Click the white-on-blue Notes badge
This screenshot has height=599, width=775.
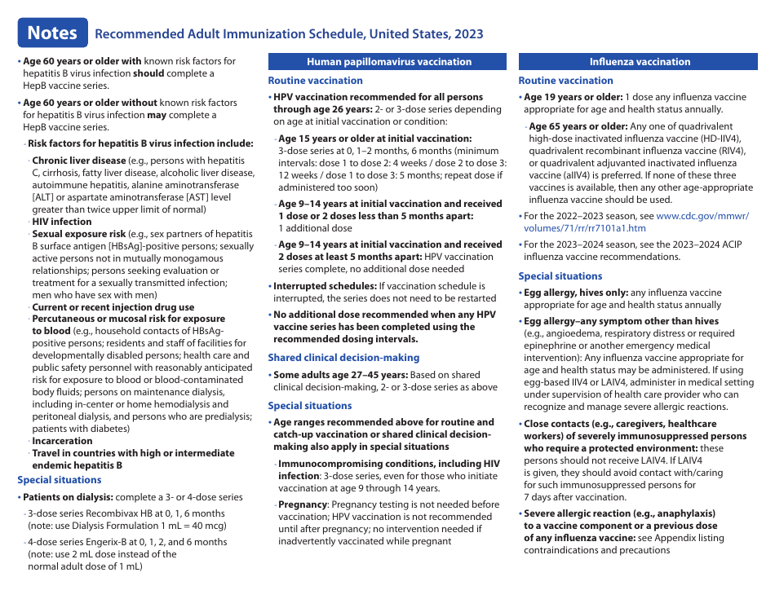click(52, 33)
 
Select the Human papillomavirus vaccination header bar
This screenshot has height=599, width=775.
click(388, 62)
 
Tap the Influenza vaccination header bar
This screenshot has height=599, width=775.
click(640, 62)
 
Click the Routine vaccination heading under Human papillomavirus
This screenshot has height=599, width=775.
click(315, 81)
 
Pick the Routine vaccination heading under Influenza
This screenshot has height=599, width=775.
click(565, 81)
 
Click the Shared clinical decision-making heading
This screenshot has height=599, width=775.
click(343, 358)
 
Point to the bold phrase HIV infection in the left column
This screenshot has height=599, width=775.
click(61, 222)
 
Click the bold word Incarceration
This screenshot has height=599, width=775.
click(62, 441)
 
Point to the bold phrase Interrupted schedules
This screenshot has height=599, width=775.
click(325, 286)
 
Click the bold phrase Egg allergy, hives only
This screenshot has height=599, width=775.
click(575, 293)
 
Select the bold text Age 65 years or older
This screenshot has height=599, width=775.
click(578, 126)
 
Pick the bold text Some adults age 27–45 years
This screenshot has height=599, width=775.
click(340, 375)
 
